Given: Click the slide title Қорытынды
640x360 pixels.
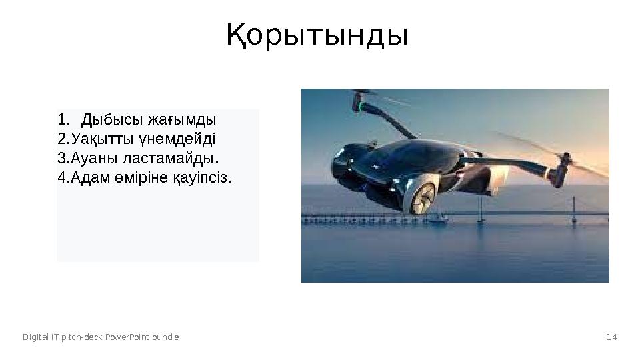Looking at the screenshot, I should tap(317, 36).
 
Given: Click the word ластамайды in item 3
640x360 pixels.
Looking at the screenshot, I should tap(179, 159).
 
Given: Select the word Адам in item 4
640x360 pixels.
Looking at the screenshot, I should tap(91, 178).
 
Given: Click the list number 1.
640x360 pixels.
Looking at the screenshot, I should tap(63, 121).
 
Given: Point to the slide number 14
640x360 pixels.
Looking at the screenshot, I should tap(611, 337).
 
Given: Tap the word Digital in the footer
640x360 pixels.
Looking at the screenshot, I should tap(35, 337).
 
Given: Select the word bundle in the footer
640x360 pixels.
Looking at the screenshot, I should tap(165, 337).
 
